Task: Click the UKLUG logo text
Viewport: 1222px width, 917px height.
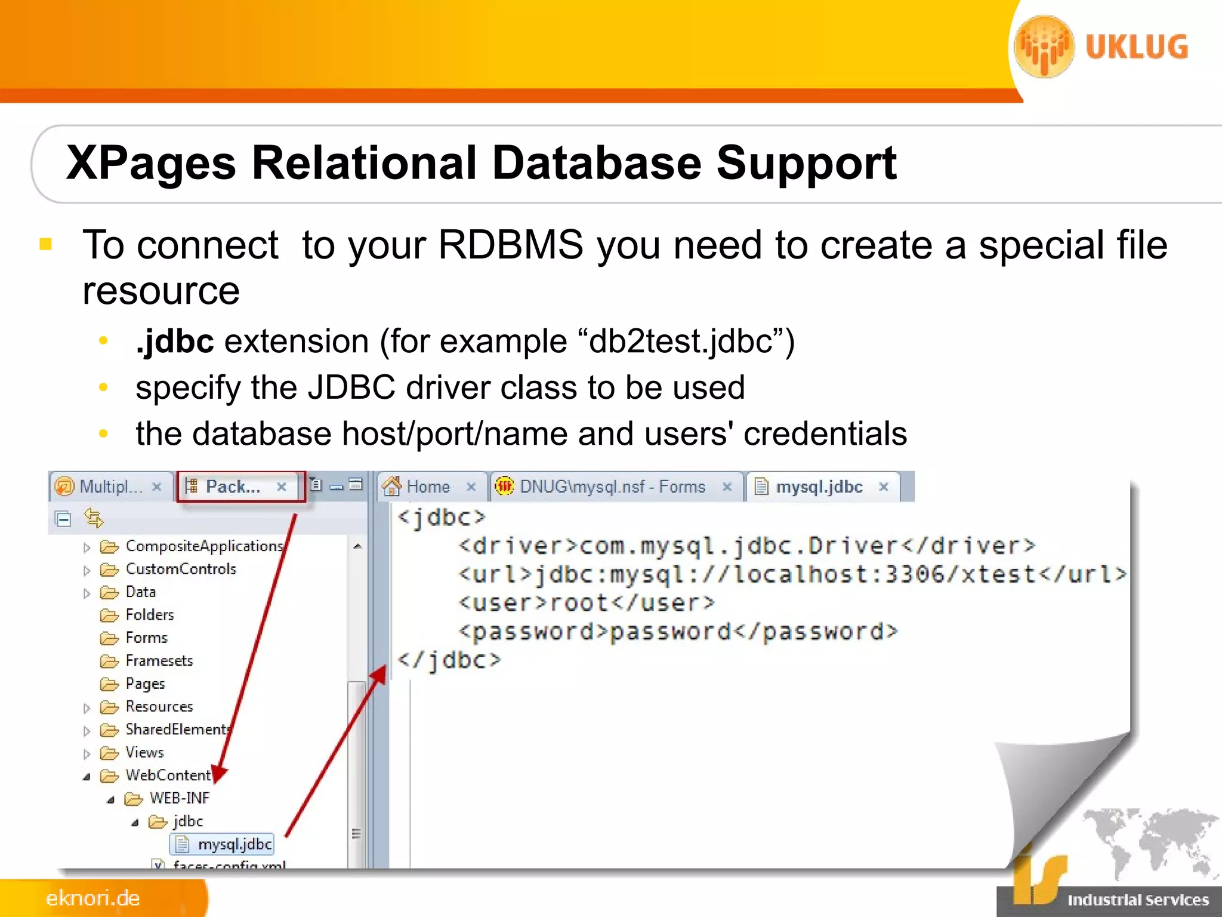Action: coord(1136,47)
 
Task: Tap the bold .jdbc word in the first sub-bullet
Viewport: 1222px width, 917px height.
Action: coord(175,341)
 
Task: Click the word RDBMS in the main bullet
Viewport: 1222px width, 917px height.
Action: coord(511,245)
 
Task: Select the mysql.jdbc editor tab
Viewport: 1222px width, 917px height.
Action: coord(819,487)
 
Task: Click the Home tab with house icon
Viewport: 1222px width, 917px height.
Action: coord(427,487)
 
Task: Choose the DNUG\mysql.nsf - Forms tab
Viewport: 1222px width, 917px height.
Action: coord(612,487)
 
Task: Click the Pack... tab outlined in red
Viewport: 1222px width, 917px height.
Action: coord(233,487)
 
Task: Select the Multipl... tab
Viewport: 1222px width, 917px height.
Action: coord(110,487)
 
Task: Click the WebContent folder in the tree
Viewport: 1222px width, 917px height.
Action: coord(168,776)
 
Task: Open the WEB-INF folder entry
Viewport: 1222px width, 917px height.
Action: coord(179,798)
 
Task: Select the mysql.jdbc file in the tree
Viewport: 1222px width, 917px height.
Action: coord(234,844)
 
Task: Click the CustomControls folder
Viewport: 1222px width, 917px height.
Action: coord(180,569)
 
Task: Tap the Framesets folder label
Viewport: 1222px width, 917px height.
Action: coord(159,661)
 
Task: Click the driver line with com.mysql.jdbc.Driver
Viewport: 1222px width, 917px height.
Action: coord(746,546)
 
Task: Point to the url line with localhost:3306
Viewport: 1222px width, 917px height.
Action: coord(791,574)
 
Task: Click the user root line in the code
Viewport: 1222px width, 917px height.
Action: coord(586,603)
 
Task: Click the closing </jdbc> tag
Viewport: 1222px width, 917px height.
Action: coord(449,660)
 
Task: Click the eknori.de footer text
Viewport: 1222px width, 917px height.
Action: coord(93,898)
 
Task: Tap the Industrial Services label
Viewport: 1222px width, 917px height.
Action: coord(1137,900)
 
